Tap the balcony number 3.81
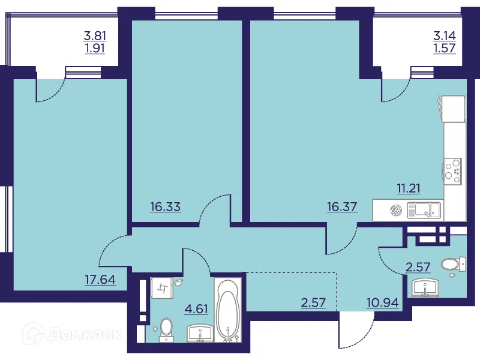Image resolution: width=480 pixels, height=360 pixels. pyautogui.click(x=94, y=35)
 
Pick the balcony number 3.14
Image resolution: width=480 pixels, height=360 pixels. pyautogui.click(x=444, y=35)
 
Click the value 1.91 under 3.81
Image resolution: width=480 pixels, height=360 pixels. pyautogui.click(x=94, y=47)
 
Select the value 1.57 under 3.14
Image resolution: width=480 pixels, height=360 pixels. pyautogui.click(x=444, y=47)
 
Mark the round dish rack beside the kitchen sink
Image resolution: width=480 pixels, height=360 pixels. pyautogui.click(x=395, y=210)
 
